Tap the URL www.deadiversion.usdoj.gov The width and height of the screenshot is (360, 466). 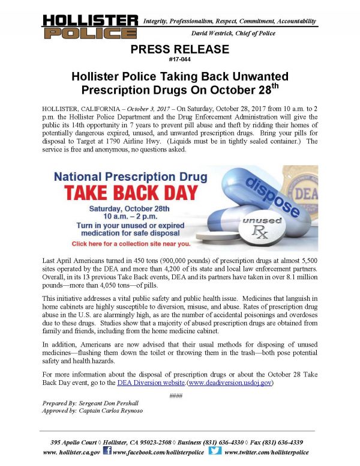click(x=230, y=381)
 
